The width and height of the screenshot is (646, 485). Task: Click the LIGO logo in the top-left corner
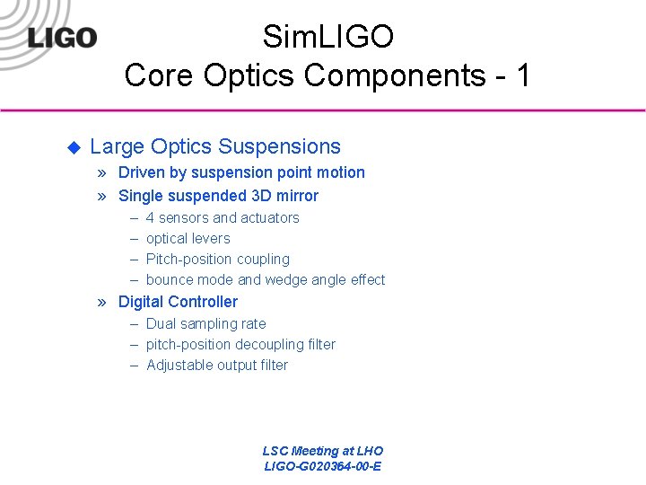click(62, 37)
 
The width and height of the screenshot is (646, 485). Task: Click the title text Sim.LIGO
click(327, 38)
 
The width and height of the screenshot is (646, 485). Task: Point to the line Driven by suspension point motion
click(241, 172)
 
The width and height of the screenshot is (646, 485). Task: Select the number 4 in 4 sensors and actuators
click(150, 217)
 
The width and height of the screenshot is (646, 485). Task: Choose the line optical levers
click(188, 238)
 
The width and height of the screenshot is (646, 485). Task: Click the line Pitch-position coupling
click(217, 259)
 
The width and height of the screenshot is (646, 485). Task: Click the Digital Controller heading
click(178, 302)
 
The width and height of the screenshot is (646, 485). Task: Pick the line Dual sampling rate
click(205, 323)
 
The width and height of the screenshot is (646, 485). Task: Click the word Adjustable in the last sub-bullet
click(179, 365)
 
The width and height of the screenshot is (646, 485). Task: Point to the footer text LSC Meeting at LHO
click(322, 451)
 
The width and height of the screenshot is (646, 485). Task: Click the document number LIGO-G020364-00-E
click(322, 466)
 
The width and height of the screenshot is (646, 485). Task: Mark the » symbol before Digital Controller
click(104, 302)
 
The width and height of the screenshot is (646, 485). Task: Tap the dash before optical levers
click(133, 238)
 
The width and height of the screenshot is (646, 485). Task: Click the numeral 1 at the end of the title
click(522, 75)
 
